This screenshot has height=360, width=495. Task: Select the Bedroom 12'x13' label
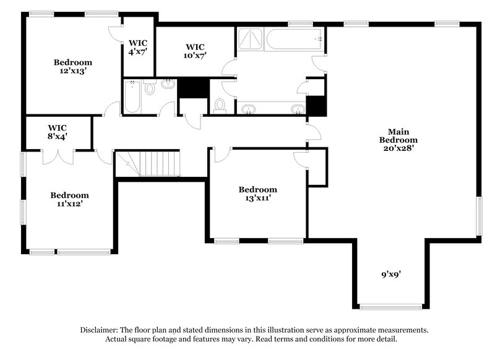[x=72, y=66]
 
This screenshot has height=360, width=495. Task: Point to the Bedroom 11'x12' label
[x=69, y=199]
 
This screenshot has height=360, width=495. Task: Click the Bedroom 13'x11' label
[x=258, y=194]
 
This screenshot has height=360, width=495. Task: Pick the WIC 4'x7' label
[x=138, y=48]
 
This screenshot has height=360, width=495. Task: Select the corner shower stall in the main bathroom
[x=250, y=39]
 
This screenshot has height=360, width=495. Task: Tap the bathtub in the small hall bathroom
[x=132, y=97]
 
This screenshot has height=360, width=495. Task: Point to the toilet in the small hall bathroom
[x=149, y=90]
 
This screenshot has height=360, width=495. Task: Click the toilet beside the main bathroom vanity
[x=220, y=106]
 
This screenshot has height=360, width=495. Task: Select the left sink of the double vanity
[x=249, y=109]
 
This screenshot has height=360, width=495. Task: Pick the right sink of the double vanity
[x=297, y=109]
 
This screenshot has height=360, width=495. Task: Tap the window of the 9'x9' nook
[x=391, y=306]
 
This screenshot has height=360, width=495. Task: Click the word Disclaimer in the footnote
[x=100, y=330]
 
